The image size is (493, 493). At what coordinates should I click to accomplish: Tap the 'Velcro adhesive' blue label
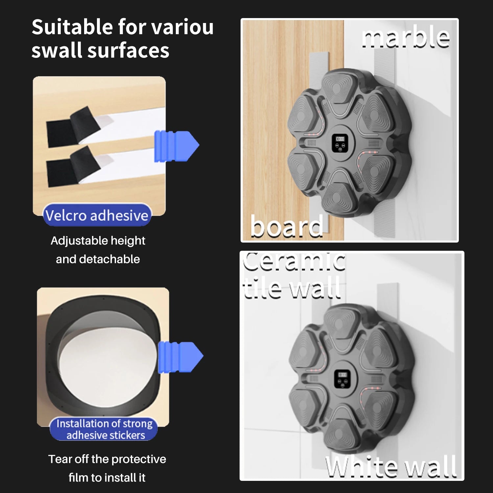coord(97,215)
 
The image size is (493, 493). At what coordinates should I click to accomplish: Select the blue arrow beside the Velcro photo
coord(176,146)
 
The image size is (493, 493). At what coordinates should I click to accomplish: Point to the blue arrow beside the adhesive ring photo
coord(180,357)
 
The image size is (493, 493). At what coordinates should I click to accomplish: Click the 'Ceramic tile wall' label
coord(293,275)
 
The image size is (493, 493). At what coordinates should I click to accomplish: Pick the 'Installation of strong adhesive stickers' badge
coord(104,429)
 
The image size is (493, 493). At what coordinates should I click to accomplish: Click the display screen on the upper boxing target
coord(340,143)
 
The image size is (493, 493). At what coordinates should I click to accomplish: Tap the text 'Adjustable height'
coord(98,241)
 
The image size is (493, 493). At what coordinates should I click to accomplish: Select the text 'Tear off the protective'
coord(107,459)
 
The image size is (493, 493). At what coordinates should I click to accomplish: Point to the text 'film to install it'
coord(107,478)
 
